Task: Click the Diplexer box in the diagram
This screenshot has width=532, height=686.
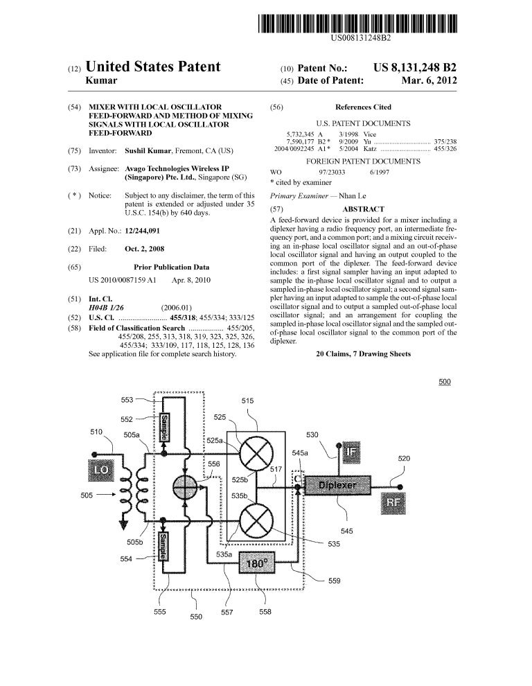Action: point(337,485)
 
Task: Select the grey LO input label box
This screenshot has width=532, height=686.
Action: point(101,470)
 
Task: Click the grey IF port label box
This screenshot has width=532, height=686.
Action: point(351,452)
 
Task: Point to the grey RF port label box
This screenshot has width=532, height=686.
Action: point(393,502)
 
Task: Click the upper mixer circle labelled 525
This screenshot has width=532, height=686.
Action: point(256,452)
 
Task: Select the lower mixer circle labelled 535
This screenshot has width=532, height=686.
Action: point(256,520)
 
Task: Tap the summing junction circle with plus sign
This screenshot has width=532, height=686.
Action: point(186,486)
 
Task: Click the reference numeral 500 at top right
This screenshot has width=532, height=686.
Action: point(445,382)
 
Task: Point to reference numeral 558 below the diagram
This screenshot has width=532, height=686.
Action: point(265,612)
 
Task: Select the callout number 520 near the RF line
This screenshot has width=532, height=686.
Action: point(404,459)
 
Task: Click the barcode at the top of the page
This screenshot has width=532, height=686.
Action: point(357,24)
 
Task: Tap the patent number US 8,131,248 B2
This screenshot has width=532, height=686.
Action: point(415,67)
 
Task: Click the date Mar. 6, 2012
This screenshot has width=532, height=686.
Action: point(429,80)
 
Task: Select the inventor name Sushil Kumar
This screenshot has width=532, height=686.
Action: point(148,151)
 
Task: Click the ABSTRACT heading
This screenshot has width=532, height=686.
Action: point(363,209)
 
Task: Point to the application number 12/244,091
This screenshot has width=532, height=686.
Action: point(142,231)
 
